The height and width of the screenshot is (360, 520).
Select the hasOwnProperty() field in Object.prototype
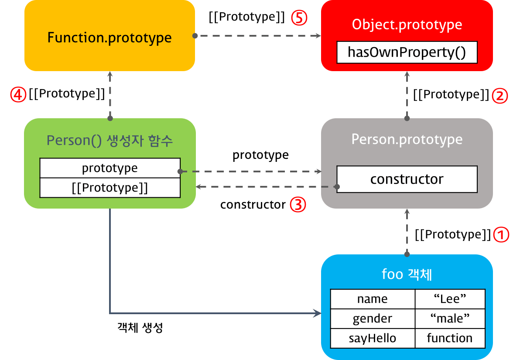[x=407, y=52]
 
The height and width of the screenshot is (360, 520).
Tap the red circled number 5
[x=300, y=18]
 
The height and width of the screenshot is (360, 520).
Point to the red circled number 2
[x=500, y=95]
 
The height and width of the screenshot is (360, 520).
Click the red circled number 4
[x=18, y=94]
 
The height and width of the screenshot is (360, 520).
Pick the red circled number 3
[x=298, y=205]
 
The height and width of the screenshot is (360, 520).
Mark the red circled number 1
[x=501, y=235]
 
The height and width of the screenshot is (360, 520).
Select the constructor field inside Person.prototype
[x=407, y=179]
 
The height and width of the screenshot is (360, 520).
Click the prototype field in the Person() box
[x=110, y=168]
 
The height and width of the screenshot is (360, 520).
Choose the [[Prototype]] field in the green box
[x=110, y=188]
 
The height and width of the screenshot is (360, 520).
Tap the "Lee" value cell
[x=450, y=299]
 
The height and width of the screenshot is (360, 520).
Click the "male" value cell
[x=450, y=319]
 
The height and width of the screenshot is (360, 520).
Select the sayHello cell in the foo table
[x=373, y=338]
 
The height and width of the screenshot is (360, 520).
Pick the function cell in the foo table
[x=450, y=338]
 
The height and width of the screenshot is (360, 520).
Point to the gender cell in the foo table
[x=373, y=319]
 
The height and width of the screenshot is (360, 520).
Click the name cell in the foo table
[x=373, y=299]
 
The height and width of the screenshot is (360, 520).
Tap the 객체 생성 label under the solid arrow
[x=140, y=328]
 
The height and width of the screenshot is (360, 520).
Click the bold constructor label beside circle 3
[x=253, y=205]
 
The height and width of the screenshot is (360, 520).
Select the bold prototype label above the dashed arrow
[x=260, y=155]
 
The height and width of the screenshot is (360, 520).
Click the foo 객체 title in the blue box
[x=407, y=275]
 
